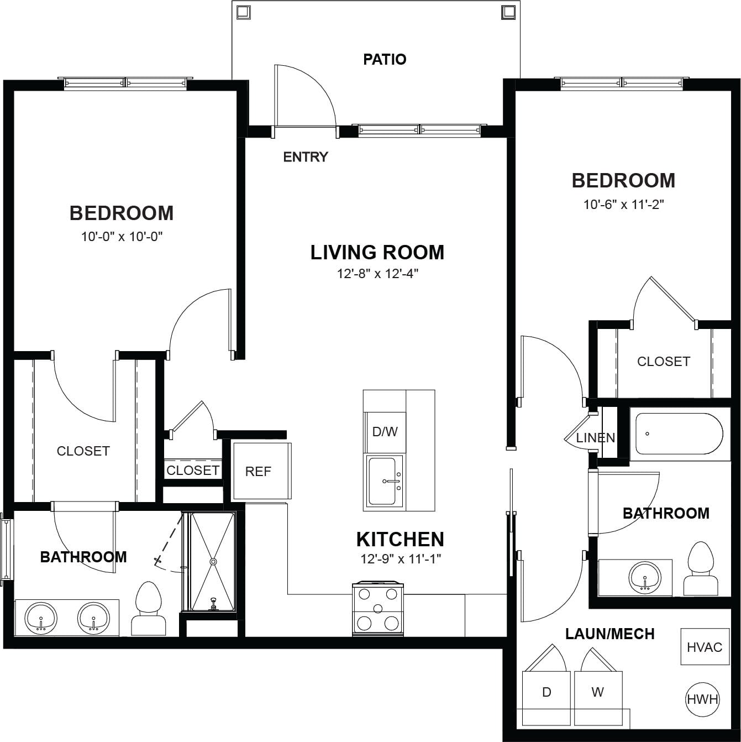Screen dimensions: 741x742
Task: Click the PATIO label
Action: tap(385, 59)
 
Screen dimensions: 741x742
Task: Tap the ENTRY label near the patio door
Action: tap(306, 156)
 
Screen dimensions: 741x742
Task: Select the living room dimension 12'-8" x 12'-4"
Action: tap(377, 274)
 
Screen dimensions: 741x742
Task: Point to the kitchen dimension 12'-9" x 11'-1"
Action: tap(400, 558)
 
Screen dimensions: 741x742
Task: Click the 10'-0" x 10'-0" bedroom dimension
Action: tap(122, 237)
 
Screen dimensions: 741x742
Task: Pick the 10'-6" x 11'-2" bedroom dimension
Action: tap(624, 204)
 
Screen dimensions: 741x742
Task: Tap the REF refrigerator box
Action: tap(262, 471)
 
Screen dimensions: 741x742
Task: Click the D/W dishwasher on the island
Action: tap(385, 432)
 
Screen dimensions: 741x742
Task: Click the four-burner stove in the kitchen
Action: tap(377, 609)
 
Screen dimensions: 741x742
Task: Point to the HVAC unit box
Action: tap(705, 647)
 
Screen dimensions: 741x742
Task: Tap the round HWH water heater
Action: tap(702, 699)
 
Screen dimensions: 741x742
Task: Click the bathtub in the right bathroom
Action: tap(679, 434)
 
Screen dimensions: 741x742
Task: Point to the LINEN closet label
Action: tap(596, 437)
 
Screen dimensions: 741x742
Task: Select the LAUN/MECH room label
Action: tap(609, 634)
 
